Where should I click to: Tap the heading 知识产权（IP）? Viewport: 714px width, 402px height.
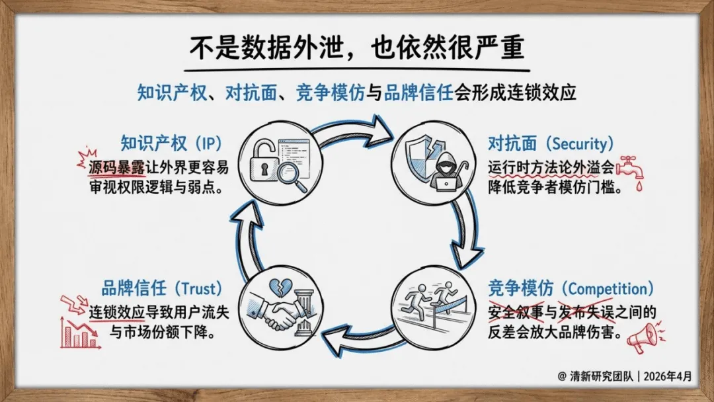[171, 143]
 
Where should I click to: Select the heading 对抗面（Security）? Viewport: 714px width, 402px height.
[551, 143]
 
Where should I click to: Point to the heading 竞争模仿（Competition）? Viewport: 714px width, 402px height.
[571, 289]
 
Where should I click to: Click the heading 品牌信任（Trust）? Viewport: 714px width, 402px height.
[161, 289]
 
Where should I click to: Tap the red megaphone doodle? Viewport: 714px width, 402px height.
[642, 337]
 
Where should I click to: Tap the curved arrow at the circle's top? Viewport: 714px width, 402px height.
[357, 130]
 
